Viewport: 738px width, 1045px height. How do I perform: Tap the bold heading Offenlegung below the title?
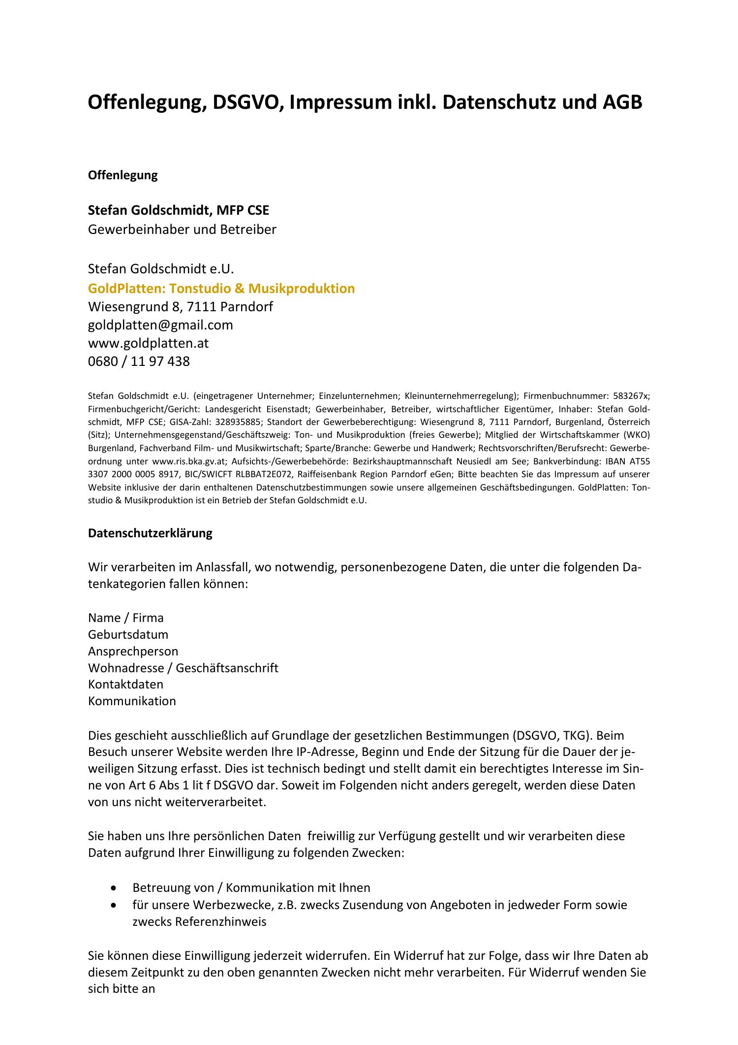[123, 175]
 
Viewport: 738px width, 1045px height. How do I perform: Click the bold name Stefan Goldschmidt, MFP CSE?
[178, 210]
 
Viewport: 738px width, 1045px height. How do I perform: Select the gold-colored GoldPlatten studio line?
[221, 288]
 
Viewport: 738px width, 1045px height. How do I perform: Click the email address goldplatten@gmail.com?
[160, 325]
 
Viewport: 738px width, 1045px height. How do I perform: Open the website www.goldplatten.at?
[148, 343]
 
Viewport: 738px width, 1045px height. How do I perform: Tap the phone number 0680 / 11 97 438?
[139, 361]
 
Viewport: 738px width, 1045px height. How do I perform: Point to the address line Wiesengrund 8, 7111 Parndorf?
[180, 307]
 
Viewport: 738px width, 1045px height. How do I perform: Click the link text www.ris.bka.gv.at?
[189, 461]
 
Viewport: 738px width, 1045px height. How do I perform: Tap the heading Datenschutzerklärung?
[150, 533]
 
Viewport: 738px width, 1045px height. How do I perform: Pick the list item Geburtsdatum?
[128, 634]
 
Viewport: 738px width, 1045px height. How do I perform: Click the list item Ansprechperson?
[133, 651]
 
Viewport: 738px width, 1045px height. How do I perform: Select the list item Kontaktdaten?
[125, 684]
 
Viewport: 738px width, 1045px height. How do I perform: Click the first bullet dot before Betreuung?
[114, 888]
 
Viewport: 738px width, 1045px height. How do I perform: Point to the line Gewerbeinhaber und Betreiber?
[182, 229]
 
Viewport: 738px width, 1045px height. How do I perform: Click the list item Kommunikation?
[132, 701]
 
